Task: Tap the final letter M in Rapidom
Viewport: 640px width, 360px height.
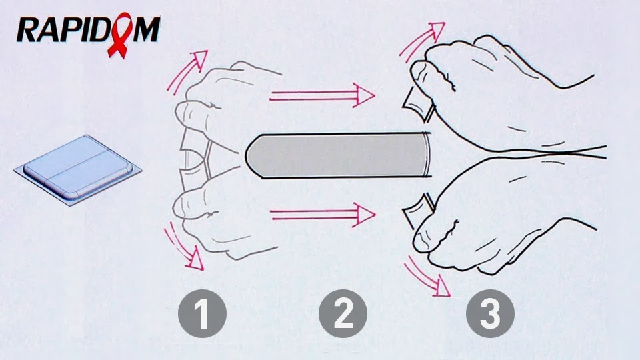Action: pos(146,29)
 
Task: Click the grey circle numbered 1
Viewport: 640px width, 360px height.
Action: pos(202,313)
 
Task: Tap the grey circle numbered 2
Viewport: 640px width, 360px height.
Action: pos(343,313)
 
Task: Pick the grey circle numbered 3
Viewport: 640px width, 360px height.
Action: pos(490,313)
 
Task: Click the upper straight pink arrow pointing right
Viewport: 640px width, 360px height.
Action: pos(322,96)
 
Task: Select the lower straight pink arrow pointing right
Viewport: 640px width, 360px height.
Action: pos(323,214)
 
